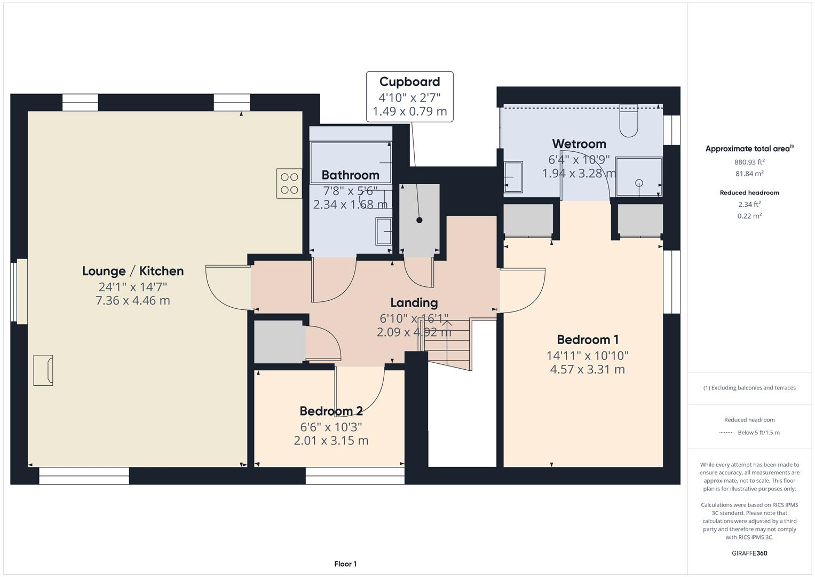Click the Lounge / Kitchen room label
click(133, 271)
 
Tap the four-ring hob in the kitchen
click(289, 183)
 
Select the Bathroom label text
click(350, 175)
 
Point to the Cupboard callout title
click(409, 82)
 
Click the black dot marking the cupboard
click(420, 220)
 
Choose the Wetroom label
click(579, 144)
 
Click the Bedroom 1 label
click(587, 340)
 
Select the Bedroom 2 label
click(331, 411)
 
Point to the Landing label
click(414, 303)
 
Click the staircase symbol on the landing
click(448, 342)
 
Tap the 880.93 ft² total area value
click(749, 162)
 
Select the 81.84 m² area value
click(749, 174)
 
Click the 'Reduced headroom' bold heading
click(749, 193)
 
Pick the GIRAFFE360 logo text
click(749, 553)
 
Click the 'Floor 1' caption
click(345, 564)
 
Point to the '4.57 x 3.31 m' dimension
click(587, 370)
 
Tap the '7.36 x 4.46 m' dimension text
click(133, 301)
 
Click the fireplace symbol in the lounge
click(43, 370)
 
